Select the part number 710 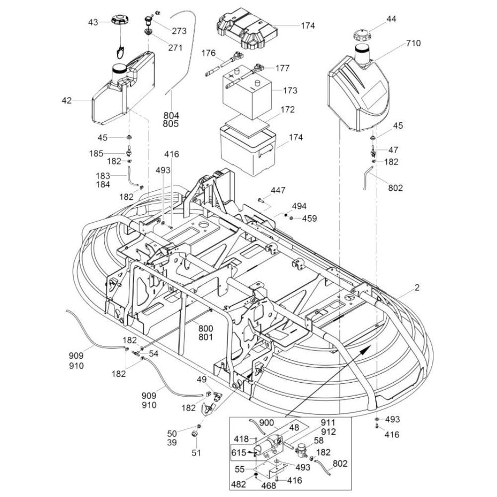click(413, 43)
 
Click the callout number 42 click(67, 100)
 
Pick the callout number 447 click(278, 190)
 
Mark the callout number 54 click(154, 353)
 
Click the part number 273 click(179, 31)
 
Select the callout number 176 click(208, 52)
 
